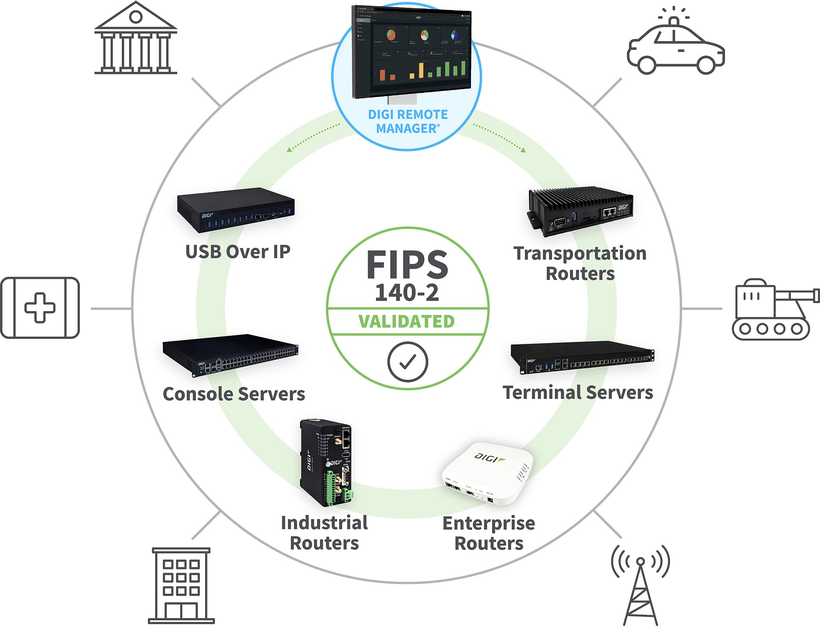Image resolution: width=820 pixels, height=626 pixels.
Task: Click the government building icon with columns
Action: coord(135,38)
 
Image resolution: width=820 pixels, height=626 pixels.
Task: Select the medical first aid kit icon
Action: coord(40,307)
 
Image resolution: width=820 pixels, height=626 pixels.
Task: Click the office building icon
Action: coord(181,585)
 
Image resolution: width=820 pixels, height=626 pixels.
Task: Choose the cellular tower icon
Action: coord(640,585)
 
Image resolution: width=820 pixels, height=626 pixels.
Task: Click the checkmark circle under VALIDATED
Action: coord(407,362)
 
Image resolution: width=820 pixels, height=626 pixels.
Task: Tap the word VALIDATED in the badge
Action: coord(407,322)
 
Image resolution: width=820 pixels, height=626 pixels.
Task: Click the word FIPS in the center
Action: coord(407,265)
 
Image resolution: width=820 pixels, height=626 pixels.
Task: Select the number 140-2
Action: coord(407,293)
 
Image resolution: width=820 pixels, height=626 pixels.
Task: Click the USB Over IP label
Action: coord(238,252)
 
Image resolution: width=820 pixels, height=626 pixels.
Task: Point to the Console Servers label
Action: coord(234,394)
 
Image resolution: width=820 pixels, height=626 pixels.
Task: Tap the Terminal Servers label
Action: coord(578,392)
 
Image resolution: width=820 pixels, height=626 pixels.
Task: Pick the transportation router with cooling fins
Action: coord(580,210)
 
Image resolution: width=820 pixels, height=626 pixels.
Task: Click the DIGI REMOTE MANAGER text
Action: coord(408,121)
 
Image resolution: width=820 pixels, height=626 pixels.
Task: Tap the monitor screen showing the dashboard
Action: coord(411,51)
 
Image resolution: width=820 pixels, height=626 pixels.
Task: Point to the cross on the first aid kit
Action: coord(40,307)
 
